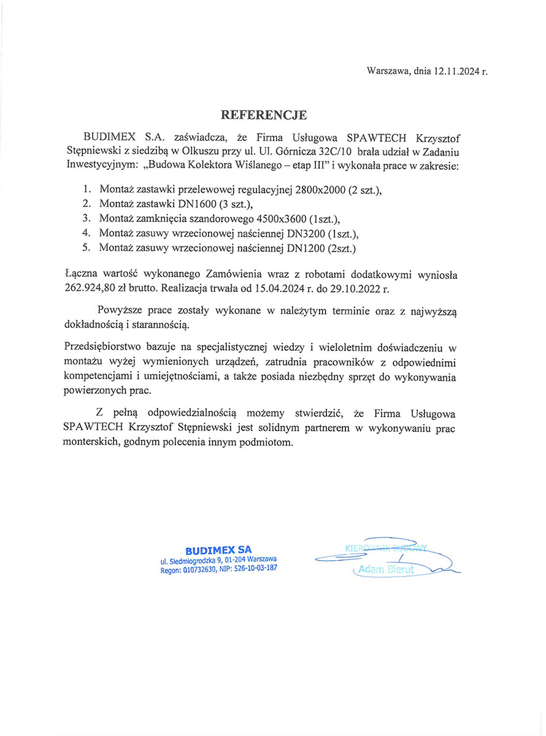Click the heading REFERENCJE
click(x=264, y=115)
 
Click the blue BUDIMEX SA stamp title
click(x=218, y=550)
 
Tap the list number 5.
click(x=87, y=248)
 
